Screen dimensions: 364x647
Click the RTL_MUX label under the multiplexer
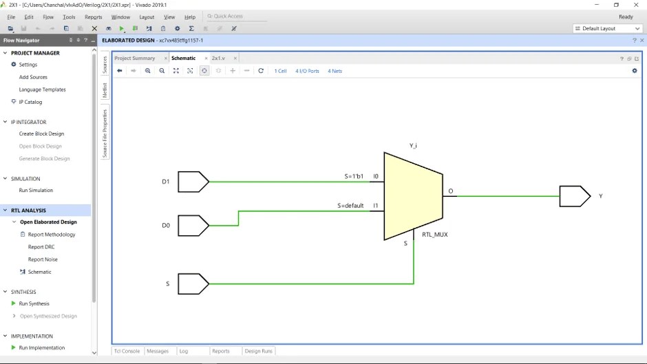click(x=435, y=235)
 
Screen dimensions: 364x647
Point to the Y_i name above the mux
click(x=413, y=145)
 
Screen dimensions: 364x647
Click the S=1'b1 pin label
click(x=354, y=176)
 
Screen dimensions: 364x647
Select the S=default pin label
click(x=350, y=206)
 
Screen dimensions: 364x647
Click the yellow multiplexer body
click(x=412, y=196)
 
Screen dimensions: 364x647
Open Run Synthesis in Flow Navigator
click(x=34, y=303)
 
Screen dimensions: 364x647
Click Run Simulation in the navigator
click(x=36, y=190)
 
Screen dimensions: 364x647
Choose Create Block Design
click(x=41, y=133)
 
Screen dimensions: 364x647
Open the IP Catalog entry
click(x=30, y=102)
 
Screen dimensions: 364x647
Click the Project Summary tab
click(x=135, y=58)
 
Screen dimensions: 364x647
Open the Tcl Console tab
click(x=127, y=351)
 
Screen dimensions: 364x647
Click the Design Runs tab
click(x=259, y=351)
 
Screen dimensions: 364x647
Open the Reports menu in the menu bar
click(x=93, y=17)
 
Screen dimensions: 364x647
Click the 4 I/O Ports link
click(x=307, y=71)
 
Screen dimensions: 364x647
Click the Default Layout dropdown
click(x=607, y=28)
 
